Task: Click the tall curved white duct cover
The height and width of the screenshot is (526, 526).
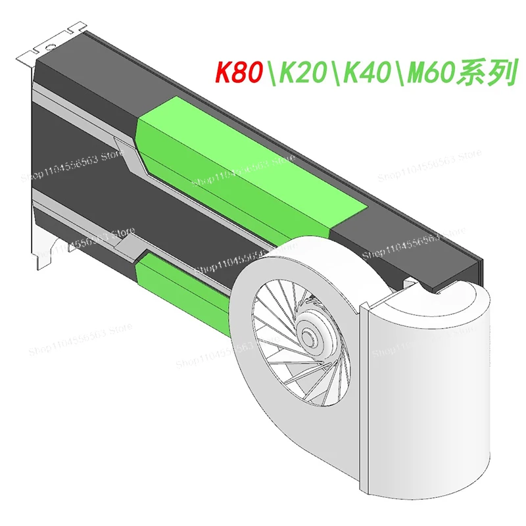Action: [x=427, y=394]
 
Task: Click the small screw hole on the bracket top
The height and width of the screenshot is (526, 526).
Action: [x=49, y=47]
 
